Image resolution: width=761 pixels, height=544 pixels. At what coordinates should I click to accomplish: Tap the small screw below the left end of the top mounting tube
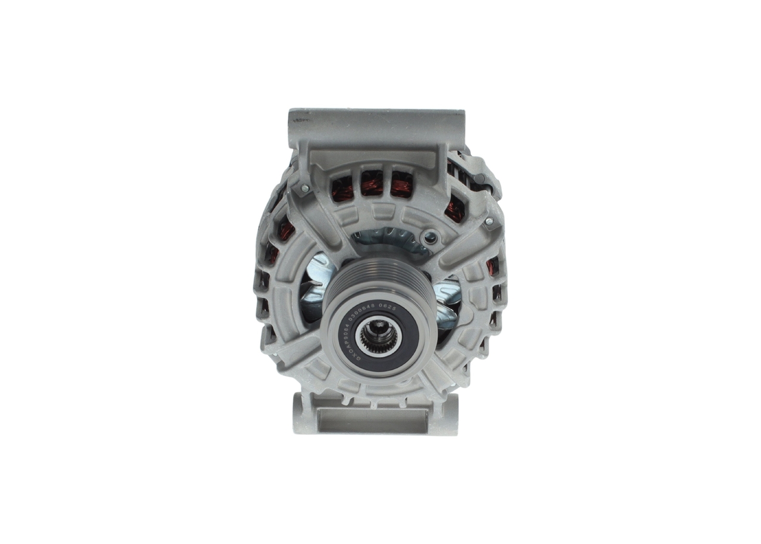tap(304, 189)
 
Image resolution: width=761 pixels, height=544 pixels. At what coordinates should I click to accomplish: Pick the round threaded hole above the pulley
tap(427, 239)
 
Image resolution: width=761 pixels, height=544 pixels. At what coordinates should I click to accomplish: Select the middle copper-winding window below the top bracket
tap(372, 183)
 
